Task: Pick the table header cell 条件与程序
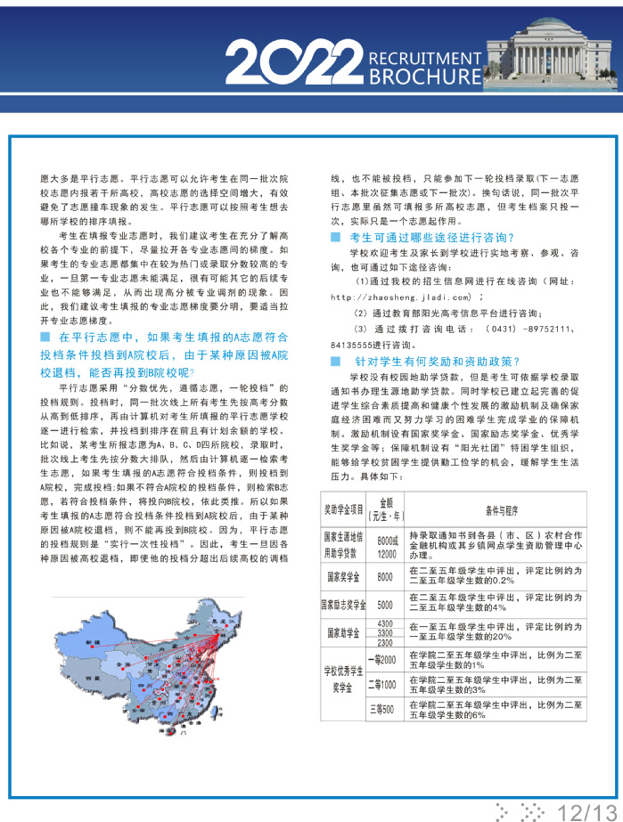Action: coord(497,510)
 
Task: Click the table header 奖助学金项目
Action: coord(343,510)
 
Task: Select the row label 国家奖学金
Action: coord(343,577)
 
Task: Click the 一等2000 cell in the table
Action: coord(386,659)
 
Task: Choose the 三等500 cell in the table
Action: coord(386,709)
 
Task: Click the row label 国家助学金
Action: coord(343,632)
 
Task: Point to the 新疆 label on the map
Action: coord(89,640)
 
